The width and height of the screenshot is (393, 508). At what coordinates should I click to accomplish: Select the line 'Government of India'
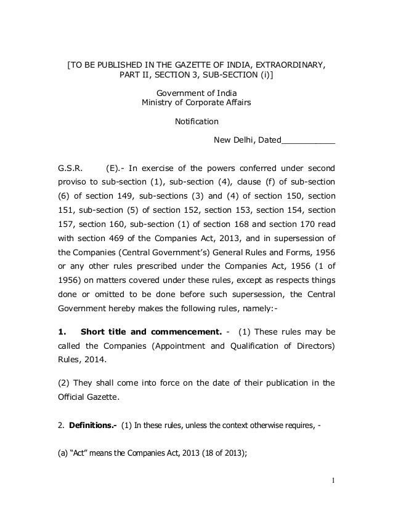coord(196,92)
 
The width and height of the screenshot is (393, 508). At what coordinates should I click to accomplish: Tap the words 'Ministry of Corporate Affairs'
coord(196,102)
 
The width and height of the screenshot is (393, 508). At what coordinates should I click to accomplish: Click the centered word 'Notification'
coord(197,121)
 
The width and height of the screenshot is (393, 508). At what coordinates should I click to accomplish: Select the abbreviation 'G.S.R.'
coord(70,167)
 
